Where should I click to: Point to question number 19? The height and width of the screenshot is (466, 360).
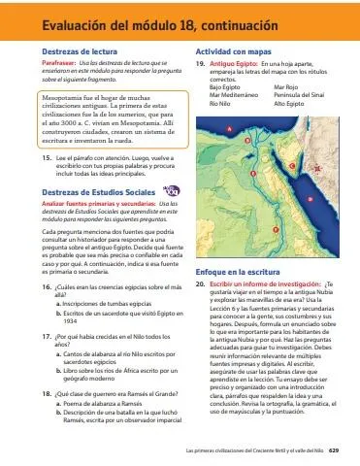[200, 62]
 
